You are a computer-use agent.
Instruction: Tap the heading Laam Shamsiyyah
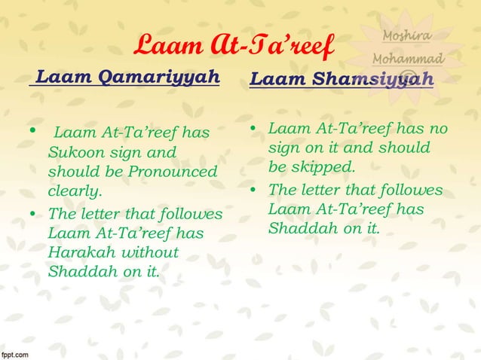[x=342, y=79]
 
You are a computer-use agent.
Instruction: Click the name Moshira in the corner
[x=407, y=36]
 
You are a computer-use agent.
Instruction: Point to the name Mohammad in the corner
[x=408, y=58]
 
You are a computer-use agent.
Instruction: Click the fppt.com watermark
[x=15, y=353]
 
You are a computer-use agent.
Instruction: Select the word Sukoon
[x=74, y=153]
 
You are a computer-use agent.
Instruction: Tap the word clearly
[x=74, y=192]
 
